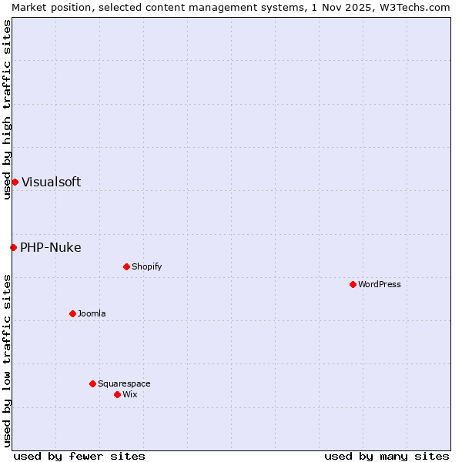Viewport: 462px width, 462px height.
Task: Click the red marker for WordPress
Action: pos(353,284)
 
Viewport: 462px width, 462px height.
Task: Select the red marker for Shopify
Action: pos(126,266)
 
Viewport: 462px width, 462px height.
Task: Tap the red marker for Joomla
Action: pos(72,313)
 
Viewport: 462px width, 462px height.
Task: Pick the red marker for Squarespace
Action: pos(92,383)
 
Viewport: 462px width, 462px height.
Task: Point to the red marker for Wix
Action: pos(117,394)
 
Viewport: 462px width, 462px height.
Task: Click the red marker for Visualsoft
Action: pos(15,182)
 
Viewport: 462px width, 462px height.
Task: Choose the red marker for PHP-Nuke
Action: pos(13,247)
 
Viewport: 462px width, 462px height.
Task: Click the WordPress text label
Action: pos(380,284)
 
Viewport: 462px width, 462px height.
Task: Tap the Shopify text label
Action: pos(146,266)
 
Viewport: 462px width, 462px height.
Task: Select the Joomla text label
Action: pos(92,313)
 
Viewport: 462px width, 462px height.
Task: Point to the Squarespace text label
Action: pos(124,383)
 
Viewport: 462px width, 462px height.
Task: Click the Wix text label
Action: pos(130,394)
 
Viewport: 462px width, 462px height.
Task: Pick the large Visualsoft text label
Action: pos(51,182)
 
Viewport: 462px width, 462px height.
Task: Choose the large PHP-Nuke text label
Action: pos(50,247)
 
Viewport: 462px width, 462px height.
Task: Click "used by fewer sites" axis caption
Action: pos(79,456)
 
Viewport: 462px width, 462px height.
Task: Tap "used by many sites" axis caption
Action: pos(387,456)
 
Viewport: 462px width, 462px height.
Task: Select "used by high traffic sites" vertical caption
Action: pos(7,109)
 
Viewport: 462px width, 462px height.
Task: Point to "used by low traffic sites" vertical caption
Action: pos(7,360)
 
